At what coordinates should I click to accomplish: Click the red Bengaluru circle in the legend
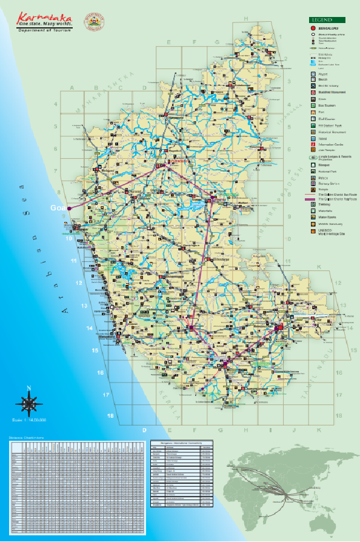pos(313,28)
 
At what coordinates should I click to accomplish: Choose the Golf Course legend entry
pos(313,119)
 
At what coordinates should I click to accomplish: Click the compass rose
pos(28,401)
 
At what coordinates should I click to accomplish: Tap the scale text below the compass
pos(29,420)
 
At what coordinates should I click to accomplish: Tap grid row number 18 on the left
pos(110,416)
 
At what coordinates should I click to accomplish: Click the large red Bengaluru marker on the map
pos(279,327)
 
